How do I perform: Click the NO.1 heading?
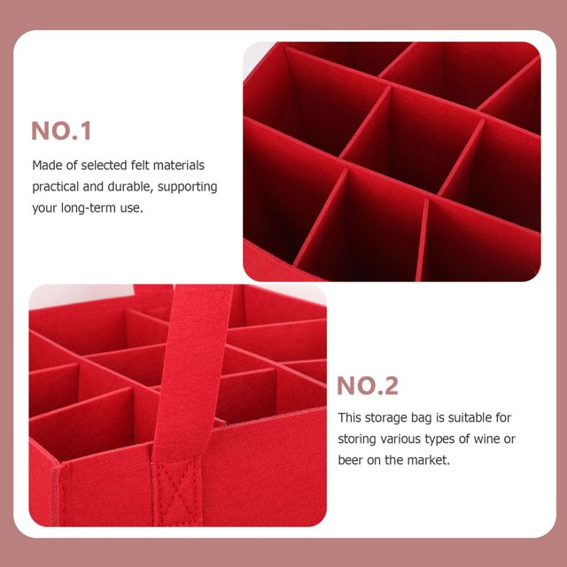tap(61, 130)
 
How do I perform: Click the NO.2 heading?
tap(368, 385)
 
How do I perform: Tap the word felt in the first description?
tap(140, 166)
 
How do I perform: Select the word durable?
tap(130, 187)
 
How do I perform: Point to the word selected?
tap(104, 166)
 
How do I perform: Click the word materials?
tap(179, 166)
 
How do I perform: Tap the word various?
tap(401, 439)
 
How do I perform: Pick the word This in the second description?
tap(349, 417)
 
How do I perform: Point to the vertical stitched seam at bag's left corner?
tap(55, 495)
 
